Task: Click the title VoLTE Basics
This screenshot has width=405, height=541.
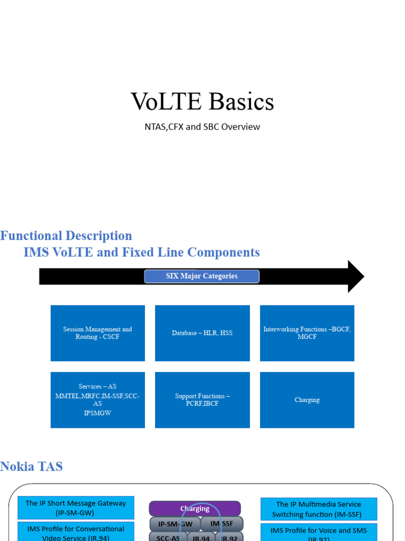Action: coord(202,101)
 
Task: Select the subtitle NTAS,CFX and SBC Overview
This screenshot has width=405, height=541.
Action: coord(202,127)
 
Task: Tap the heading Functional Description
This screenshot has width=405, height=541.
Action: coord(66,236)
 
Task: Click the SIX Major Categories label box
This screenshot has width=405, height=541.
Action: coord(201,276)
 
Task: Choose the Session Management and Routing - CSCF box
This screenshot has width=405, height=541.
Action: coord(98,333)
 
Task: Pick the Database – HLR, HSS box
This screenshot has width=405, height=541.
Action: coord(202,333)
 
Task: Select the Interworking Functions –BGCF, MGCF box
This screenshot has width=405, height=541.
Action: coord(307,333)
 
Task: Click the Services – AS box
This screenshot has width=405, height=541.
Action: coord(98,400)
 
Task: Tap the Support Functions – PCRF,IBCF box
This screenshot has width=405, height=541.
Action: coord(202,400)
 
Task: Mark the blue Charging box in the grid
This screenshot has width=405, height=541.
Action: coord(307,400)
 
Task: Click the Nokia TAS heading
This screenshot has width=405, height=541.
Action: coord(32,467)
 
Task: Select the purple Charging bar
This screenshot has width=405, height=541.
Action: coord(195,509)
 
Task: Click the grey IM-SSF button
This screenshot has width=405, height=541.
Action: coord(223,524)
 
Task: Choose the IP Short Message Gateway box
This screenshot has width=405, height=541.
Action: coord(76,508)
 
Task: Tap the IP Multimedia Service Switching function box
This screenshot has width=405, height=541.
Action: coord(319,509)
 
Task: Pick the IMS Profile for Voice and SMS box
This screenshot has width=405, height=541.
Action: coord(319,532)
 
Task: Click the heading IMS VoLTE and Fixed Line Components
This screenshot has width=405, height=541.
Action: coord(142,253)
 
